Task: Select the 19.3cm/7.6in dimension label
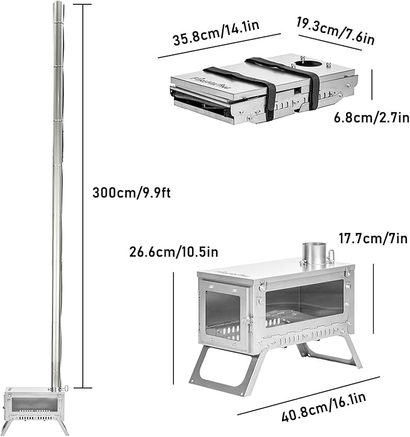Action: (335, 31)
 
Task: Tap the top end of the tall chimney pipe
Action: (57, 5)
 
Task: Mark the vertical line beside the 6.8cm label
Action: (373, 88)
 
